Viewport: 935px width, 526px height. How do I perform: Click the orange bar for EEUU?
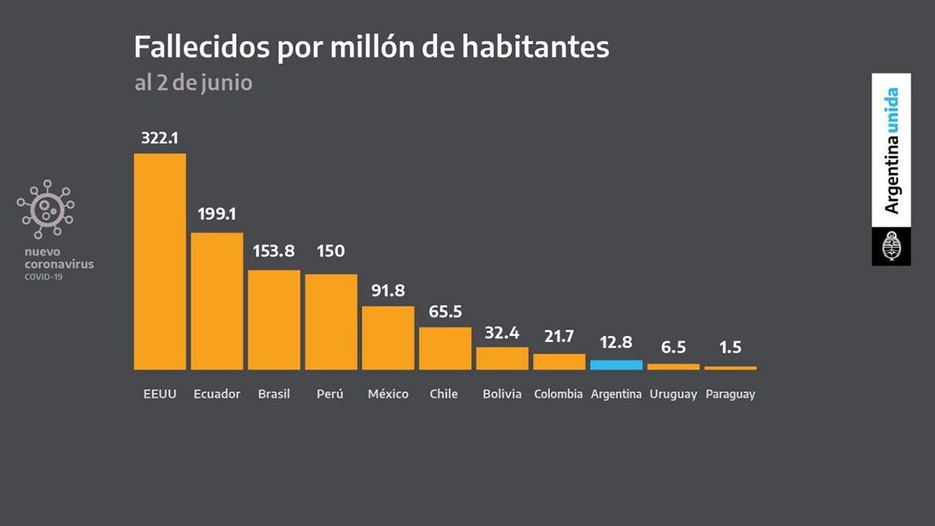pos(160,261)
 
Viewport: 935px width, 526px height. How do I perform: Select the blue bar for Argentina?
pos(616,365)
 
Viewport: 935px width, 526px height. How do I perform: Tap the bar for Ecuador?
pos(217,301)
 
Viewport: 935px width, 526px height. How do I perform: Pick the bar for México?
pos(388,337)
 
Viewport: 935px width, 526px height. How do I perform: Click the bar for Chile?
pos(445,348)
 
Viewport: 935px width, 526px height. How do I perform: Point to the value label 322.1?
pos(160,138)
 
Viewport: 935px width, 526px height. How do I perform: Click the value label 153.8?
pos(273,252)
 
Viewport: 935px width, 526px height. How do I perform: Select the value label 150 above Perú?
pos(330,252)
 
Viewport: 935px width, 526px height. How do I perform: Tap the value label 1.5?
pos(730,348)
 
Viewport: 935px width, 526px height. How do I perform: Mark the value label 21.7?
pos(559,336)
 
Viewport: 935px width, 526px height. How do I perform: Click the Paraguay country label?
pos(730,394)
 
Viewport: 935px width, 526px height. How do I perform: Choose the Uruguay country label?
pos(673,394)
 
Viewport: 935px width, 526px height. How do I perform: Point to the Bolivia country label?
pos(502,394)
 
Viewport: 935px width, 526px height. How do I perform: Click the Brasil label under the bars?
pos(273,394)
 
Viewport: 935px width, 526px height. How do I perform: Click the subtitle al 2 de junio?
pos(193,83)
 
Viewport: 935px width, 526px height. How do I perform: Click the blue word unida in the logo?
pos(891,110)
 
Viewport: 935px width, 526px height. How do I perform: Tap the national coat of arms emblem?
pos(891,248)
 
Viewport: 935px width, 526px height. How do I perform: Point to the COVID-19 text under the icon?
pos(44,277)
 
